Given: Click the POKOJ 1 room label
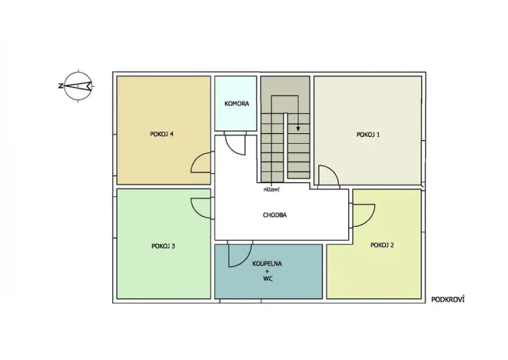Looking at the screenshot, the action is pyautogui.click(x=368, y=135).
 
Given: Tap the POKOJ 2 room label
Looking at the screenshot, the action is pyautogui.click(x=382, y=245).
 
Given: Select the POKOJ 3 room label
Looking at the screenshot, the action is pyautogui.click(x=163, y=246).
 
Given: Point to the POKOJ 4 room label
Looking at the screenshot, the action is pyautogui.click(x=161, y=134).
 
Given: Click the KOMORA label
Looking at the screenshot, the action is pyautogui.click(x=237, y=104).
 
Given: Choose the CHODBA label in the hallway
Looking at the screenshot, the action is pyautogui.click(x=274, y=215).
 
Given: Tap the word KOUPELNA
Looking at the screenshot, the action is pyautogui.click(x=267, y=264).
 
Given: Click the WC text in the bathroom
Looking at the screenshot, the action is pyautogui.click(x=267, y=278).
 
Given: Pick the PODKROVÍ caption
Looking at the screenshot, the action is pyautogui.click(x=448, y=299).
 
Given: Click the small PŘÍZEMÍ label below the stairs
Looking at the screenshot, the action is pyautogui.click(x=271, y=190).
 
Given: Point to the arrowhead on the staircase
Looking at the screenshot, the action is pyautogui.click(x=298, y=128).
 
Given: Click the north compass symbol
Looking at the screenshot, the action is pyautogui.click(x=78, y=86).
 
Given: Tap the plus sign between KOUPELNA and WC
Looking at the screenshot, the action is pyautogui.click(x=267, y=271).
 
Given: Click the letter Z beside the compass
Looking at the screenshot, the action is pyautogui.click(x=60, y=86).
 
